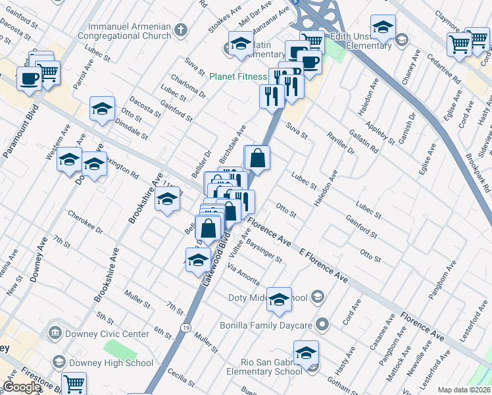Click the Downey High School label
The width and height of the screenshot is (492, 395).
[x=112, y=363]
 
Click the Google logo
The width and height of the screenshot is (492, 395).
[x=21, y=388]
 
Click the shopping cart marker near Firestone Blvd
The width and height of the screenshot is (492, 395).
[x=74, y=382]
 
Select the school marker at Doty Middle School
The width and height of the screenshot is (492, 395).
[x=279, y=298]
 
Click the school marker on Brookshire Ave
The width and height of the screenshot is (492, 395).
[x=167, y=199]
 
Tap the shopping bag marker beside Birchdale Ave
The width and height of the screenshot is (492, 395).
[x=257, y=158]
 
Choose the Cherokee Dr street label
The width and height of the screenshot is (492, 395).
[x=86, y=223]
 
